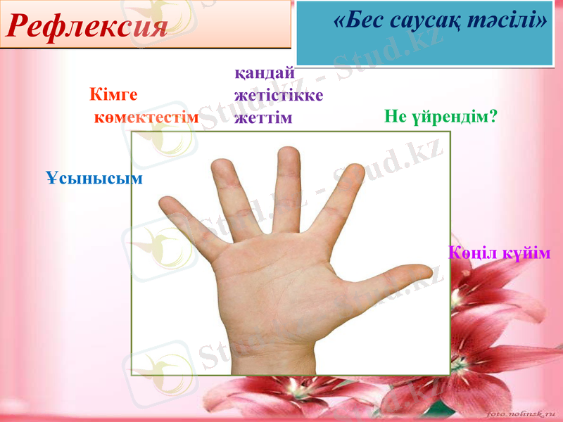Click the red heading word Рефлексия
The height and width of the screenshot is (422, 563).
pos(89,26)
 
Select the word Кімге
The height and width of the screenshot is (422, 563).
pos(113,94)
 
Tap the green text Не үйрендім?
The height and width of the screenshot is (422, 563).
pos(441,116)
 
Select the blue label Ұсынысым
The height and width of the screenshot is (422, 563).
pos(94,178)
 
